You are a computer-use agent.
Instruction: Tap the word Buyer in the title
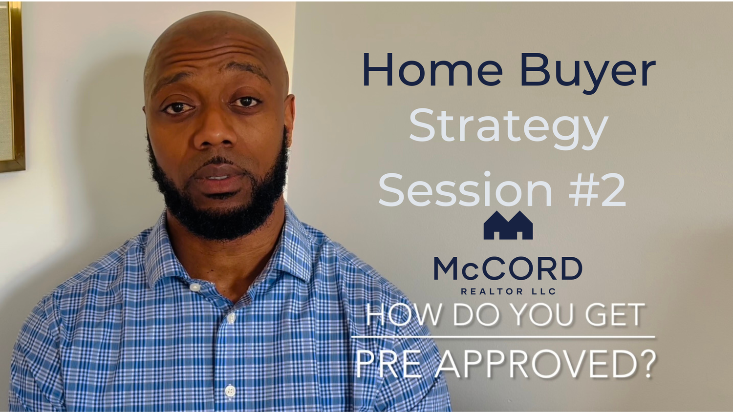tap(588, 73)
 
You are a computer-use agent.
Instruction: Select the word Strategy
tap(509, 129)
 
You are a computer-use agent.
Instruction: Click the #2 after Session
tap(597, 190)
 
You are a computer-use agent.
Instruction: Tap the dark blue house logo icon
tap(508, 226)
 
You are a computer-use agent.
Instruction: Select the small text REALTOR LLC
tap(508, 291)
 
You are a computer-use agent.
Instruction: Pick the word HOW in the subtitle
tap(404, 314)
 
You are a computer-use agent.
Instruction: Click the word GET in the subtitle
tap(615, 314)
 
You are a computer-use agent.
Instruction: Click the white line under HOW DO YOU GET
tap(503, 337)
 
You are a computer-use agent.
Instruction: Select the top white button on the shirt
tap(195, 288)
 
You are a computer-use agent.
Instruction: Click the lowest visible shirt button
tap(230, 391)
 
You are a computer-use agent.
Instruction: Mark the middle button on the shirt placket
tap(231, 318)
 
